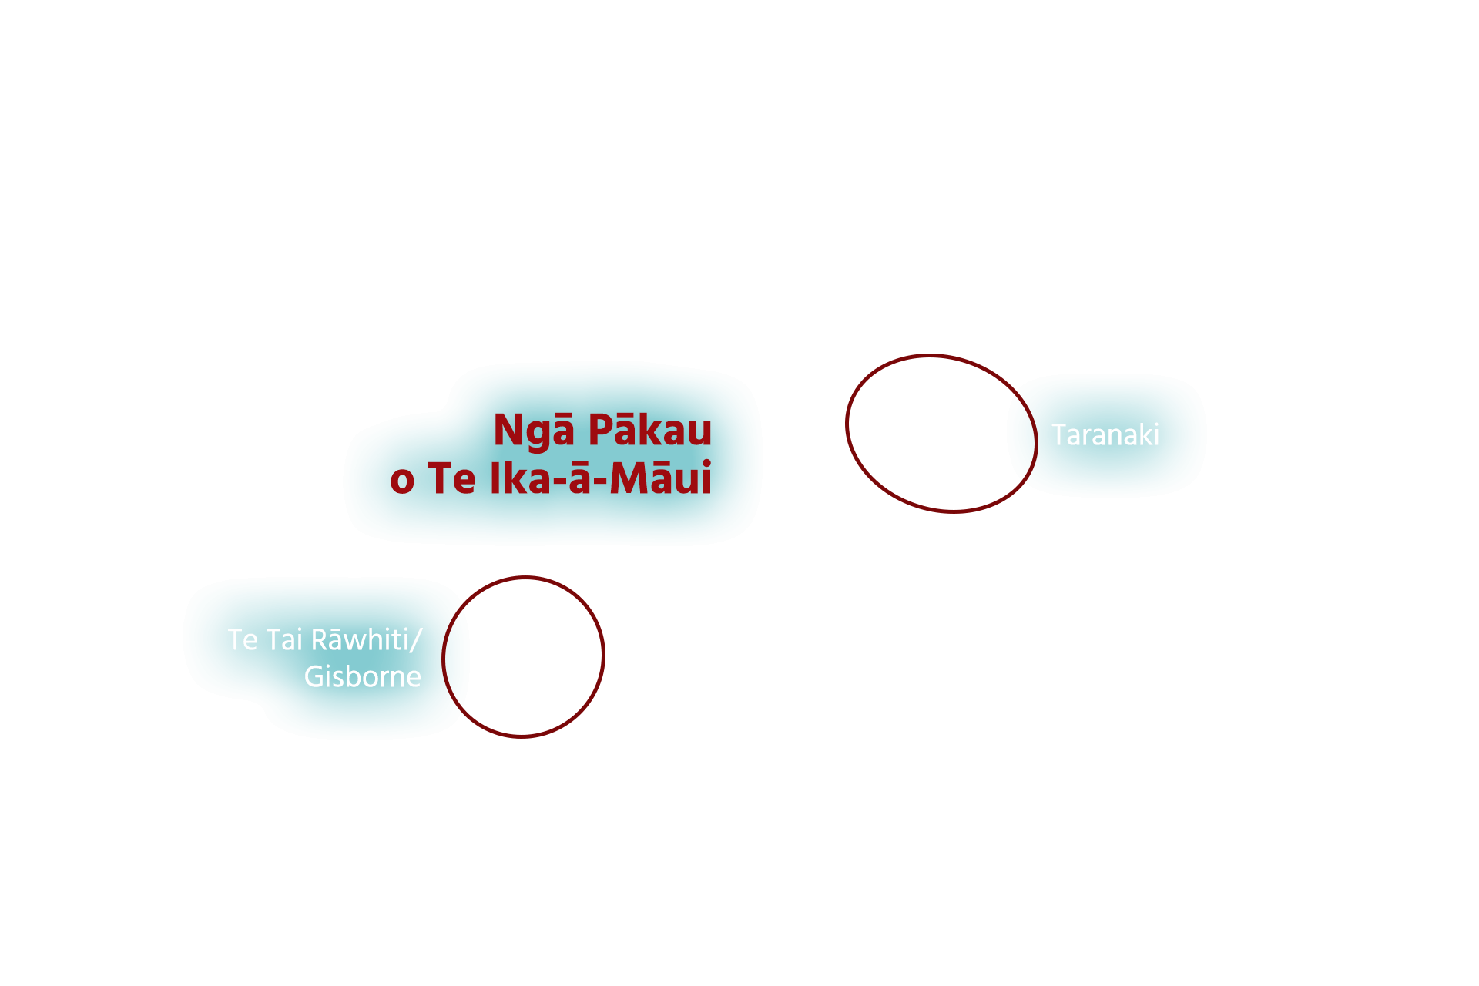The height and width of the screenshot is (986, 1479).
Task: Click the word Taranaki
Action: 1105,435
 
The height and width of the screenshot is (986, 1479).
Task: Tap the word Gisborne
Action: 362,677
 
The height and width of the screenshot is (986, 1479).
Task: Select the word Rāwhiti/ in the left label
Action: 367,639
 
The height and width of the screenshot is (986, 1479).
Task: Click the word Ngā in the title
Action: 533,430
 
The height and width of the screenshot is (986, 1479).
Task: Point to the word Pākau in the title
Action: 650,430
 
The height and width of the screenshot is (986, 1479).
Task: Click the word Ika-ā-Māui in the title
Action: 600,478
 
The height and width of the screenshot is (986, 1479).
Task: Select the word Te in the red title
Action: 451,478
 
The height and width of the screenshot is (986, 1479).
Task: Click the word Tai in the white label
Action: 284,640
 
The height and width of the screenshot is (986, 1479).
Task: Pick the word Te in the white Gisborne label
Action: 243,640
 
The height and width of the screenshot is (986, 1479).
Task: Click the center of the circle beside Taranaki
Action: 941,434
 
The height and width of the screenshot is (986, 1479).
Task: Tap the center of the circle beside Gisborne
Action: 523,657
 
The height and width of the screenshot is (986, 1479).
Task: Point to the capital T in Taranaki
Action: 1059,435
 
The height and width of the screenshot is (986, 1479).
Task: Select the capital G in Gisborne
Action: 314,677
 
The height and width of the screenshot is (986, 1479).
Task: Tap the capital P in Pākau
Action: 602,430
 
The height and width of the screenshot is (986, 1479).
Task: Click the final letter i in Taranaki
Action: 1155,435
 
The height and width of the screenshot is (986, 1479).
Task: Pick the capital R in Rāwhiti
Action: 319,640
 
